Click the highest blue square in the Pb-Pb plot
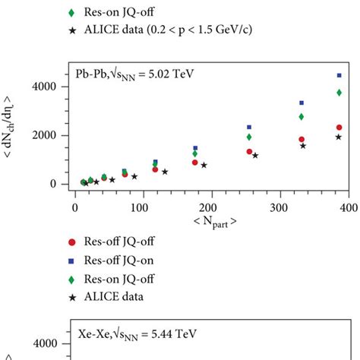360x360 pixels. [339, 75]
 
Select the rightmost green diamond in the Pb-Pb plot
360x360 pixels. [339, 93]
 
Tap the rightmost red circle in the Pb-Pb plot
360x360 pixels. [339, 128]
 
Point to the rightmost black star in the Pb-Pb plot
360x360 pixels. [339, 137]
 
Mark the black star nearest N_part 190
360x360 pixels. [204, 165]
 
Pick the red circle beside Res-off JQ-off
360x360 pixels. [71, 242]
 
